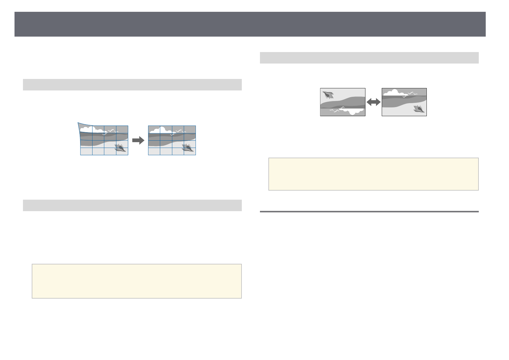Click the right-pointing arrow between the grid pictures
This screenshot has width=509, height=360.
point(138,140)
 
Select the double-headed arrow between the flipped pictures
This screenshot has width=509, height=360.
point(373,102)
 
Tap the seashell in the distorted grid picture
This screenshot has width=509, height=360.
point(120,148)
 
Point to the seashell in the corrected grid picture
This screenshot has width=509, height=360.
point(188,148)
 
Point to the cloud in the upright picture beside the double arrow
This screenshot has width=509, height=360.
point(392,92)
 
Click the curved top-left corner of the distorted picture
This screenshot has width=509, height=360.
point(79,124)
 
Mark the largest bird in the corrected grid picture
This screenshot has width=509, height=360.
point(180,131)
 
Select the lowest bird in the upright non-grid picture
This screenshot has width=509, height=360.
point(404,97)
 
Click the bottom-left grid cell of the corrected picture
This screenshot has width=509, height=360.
point(154,151)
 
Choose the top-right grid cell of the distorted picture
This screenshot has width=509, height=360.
point(122,129)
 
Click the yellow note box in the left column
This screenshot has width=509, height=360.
point(137,281)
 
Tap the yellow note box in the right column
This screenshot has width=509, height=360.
point(373,174)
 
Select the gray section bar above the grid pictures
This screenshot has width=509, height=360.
point(132,85)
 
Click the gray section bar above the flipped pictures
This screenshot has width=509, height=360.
point(369,58)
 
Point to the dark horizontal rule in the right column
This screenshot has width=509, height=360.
point(369,211)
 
